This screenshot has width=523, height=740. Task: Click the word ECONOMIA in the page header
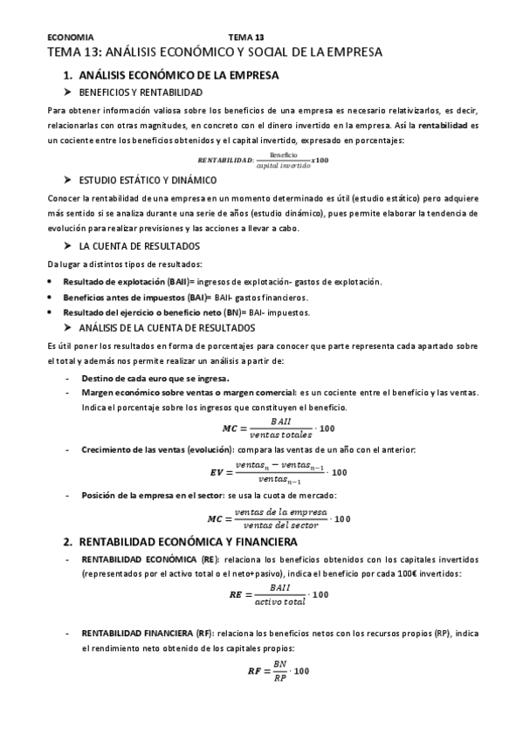pos(70,38)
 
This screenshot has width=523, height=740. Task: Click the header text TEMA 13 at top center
pos(245,38)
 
